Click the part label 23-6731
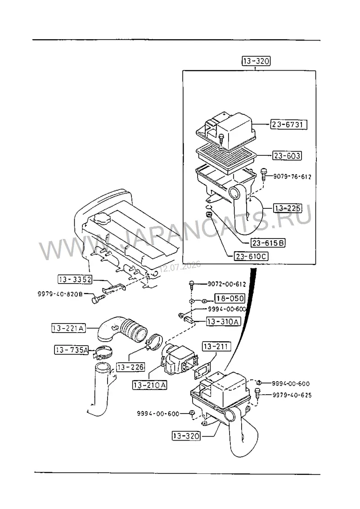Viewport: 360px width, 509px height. coord(288,124)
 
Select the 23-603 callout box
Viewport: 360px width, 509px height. coord(287,156)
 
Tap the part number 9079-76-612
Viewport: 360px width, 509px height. coord(292,176)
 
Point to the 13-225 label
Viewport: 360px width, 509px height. coord(288,208)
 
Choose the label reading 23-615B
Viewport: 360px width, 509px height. coord(268,243)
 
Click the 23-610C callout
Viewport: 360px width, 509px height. coord(251,257)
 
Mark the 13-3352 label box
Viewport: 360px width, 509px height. coord(75,279)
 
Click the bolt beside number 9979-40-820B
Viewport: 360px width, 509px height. coord(99,298)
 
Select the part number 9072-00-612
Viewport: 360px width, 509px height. coord(227,284)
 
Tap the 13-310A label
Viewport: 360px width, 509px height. coord(224,322)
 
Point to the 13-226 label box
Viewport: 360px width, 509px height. coord(130,367)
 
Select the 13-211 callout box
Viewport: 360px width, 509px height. coord(216,347)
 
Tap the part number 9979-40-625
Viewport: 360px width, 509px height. coord(292,395)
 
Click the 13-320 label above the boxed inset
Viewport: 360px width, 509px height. coord(256,61)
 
